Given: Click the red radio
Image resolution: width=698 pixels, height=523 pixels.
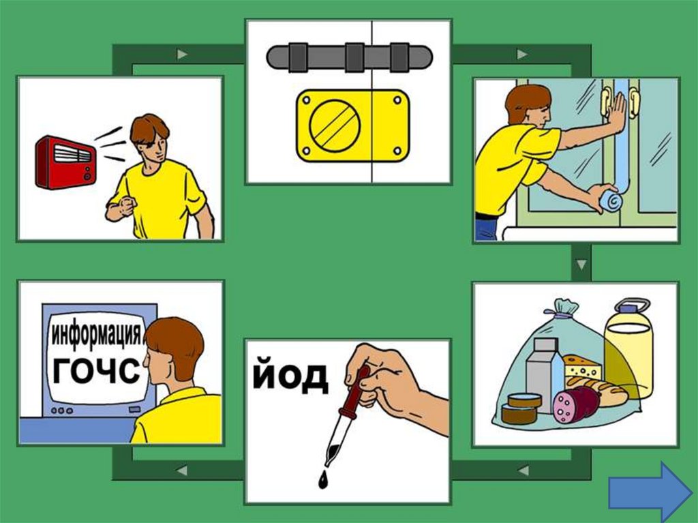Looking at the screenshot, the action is pos(66,162).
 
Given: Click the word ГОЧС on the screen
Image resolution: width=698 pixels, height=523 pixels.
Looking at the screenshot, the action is pos(96,370).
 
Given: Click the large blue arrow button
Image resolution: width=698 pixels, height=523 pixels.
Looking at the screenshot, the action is pos(650,492).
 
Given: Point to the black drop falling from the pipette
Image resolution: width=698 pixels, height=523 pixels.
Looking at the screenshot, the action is pos(322,480).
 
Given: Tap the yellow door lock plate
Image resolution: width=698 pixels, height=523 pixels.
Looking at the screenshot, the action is pos(352,126).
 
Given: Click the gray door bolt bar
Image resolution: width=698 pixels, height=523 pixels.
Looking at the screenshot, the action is pos(349,57).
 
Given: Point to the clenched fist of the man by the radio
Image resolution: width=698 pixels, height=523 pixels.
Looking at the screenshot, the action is pos(127,206).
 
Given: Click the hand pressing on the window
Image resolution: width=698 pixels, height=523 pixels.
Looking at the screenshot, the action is pos(616,112).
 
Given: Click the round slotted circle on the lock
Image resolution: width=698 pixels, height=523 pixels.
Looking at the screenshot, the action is pos(334,125).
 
